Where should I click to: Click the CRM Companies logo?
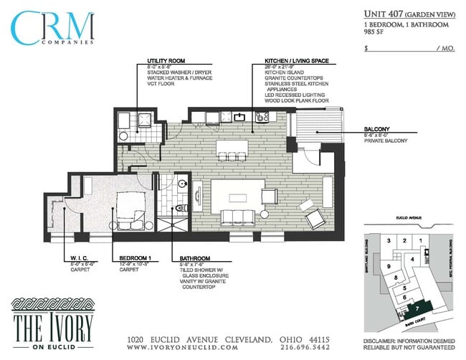point(53,27)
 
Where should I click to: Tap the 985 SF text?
point(374,32)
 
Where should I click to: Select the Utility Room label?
point(166,60)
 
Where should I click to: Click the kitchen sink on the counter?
point(242,116)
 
